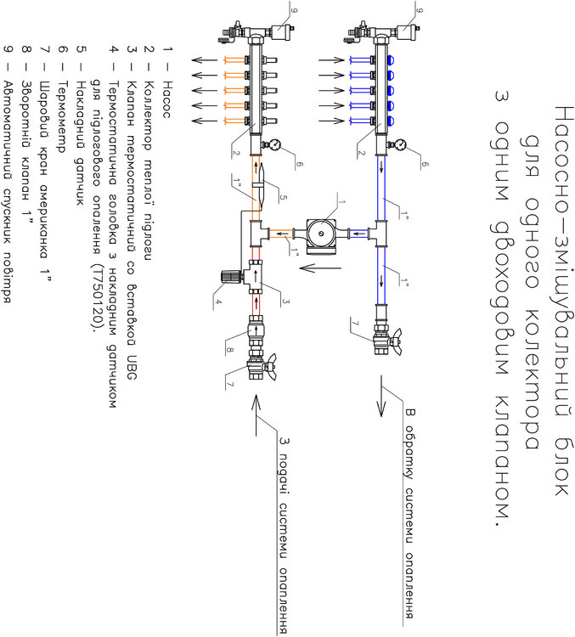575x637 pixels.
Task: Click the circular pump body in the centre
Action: click(x=321, y=232)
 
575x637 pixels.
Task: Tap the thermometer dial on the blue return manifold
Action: click(x=402, y=142)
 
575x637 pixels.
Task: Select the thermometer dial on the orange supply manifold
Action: click(x=273, y=144)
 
